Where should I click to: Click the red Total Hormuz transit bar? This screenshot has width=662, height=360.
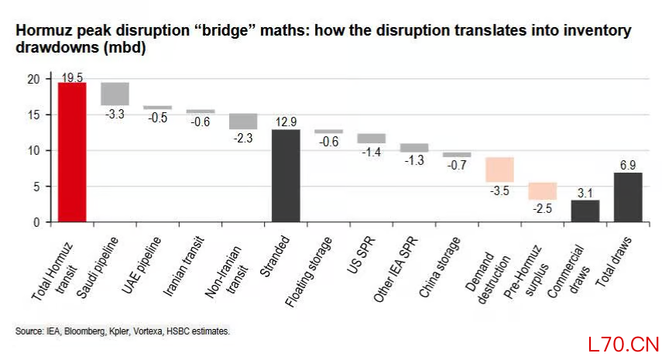click(x=72, y=152)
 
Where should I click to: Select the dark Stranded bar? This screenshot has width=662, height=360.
click(x=286, y=176)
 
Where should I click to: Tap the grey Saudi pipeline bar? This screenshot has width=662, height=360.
click(x=115, y=94)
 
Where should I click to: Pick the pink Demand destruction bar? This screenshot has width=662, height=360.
click(x=499, y=170)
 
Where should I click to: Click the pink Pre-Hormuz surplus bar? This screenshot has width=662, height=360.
click(x=543, y=191)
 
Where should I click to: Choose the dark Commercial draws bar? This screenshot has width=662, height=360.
click(x=585, y=211)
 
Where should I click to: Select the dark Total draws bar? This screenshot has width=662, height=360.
click(x=628, y=197)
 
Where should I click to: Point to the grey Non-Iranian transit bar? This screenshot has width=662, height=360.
click(x=243, y=121)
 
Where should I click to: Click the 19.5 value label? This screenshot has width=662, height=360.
click(x=72, y=77)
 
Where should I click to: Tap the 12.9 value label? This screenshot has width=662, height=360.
click(x=286, y=122)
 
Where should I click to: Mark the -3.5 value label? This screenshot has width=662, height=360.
click(x=499, y=190)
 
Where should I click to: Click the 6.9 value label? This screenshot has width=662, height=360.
click(x=628, y=166)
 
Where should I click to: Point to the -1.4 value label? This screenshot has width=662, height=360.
click(x=372, y=152)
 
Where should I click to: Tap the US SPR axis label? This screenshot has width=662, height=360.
click(x=361, y=255)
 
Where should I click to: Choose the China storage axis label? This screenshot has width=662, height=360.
click(x=440, y=267)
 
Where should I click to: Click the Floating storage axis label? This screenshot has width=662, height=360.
click(x=309, y=272)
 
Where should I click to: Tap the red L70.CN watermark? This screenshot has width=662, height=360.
click(x=623, y=345)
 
